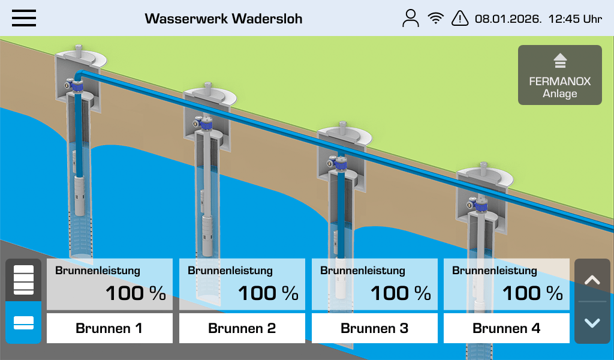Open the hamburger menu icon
click(x=24, y=18)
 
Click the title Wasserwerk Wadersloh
click(x=224, y=19)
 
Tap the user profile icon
click(x=410, y=19)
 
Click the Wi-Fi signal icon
click(x=435, y=18)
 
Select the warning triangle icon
click(x=460, y=18)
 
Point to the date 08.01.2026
click(x=508, y=19)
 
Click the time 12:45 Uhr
click(x=575, y=19)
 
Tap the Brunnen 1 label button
click(x=110, y=328)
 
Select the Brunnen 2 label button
click(x=242, y=328)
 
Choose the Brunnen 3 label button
click(x=374, y=328)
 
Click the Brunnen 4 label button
click(x=506, y=328)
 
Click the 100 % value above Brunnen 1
click(x=136, y=293)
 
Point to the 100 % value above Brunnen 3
click(x=401, y=293)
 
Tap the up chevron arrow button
click(x=592, y=280)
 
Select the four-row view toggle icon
click(x=23, y=280)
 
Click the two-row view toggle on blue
click(x=23, y=323)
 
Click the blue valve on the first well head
click(x=77, y=86)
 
